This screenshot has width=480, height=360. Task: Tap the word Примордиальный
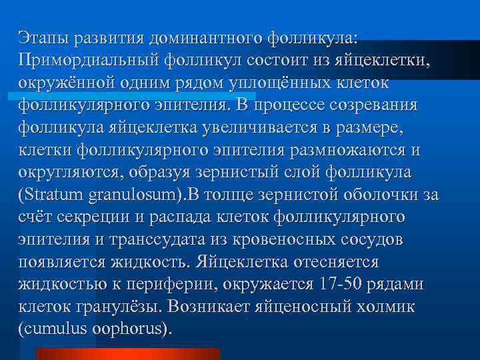click(88, 61)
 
